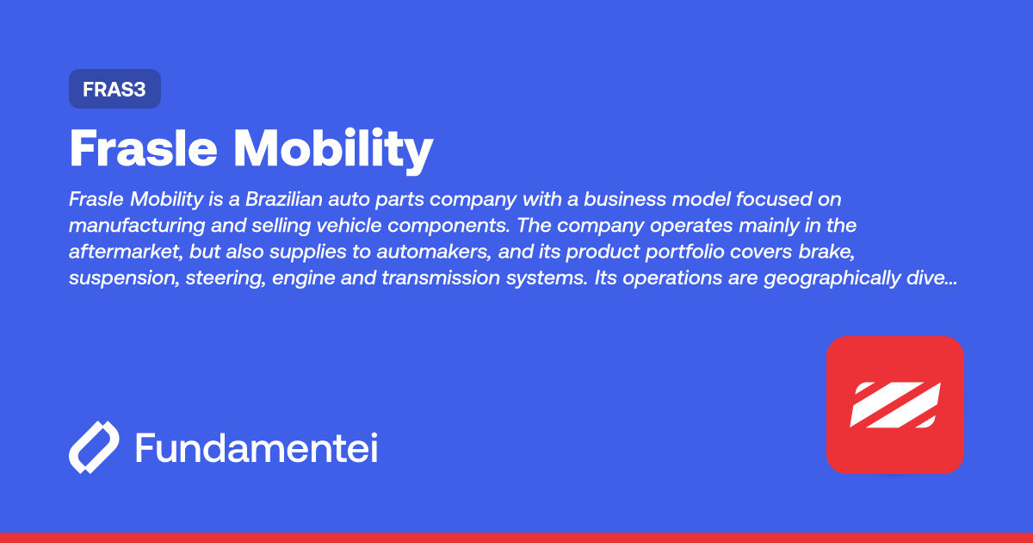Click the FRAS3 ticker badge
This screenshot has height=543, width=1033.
114,89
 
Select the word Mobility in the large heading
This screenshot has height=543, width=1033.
334,150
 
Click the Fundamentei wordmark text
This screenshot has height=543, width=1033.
256,448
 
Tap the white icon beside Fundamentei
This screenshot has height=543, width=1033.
94,448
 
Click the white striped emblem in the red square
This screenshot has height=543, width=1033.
894,404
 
